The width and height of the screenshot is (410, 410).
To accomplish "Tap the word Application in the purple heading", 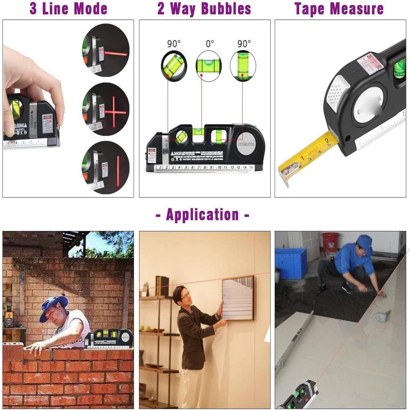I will pyautogui.click(x=203, y=214).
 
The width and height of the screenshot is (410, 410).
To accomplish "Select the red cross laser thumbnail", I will pyautogui.click(x=105, y=109).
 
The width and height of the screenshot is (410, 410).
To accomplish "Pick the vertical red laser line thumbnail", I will pyautogui.click(x=105, y=167).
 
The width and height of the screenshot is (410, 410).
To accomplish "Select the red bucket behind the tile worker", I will pyautogui.click(x=330, y=243).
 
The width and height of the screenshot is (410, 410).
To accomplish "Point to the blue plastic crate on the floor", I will pyautogui.click(x=291, y=263).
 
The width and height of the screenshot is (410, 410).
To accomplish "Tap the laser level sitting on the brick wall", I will pyautogui.click(x=108, y=339).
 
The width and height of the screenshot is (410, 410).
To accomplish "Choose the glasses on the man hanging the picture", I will pyautogui.click(x=185, y=294).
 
